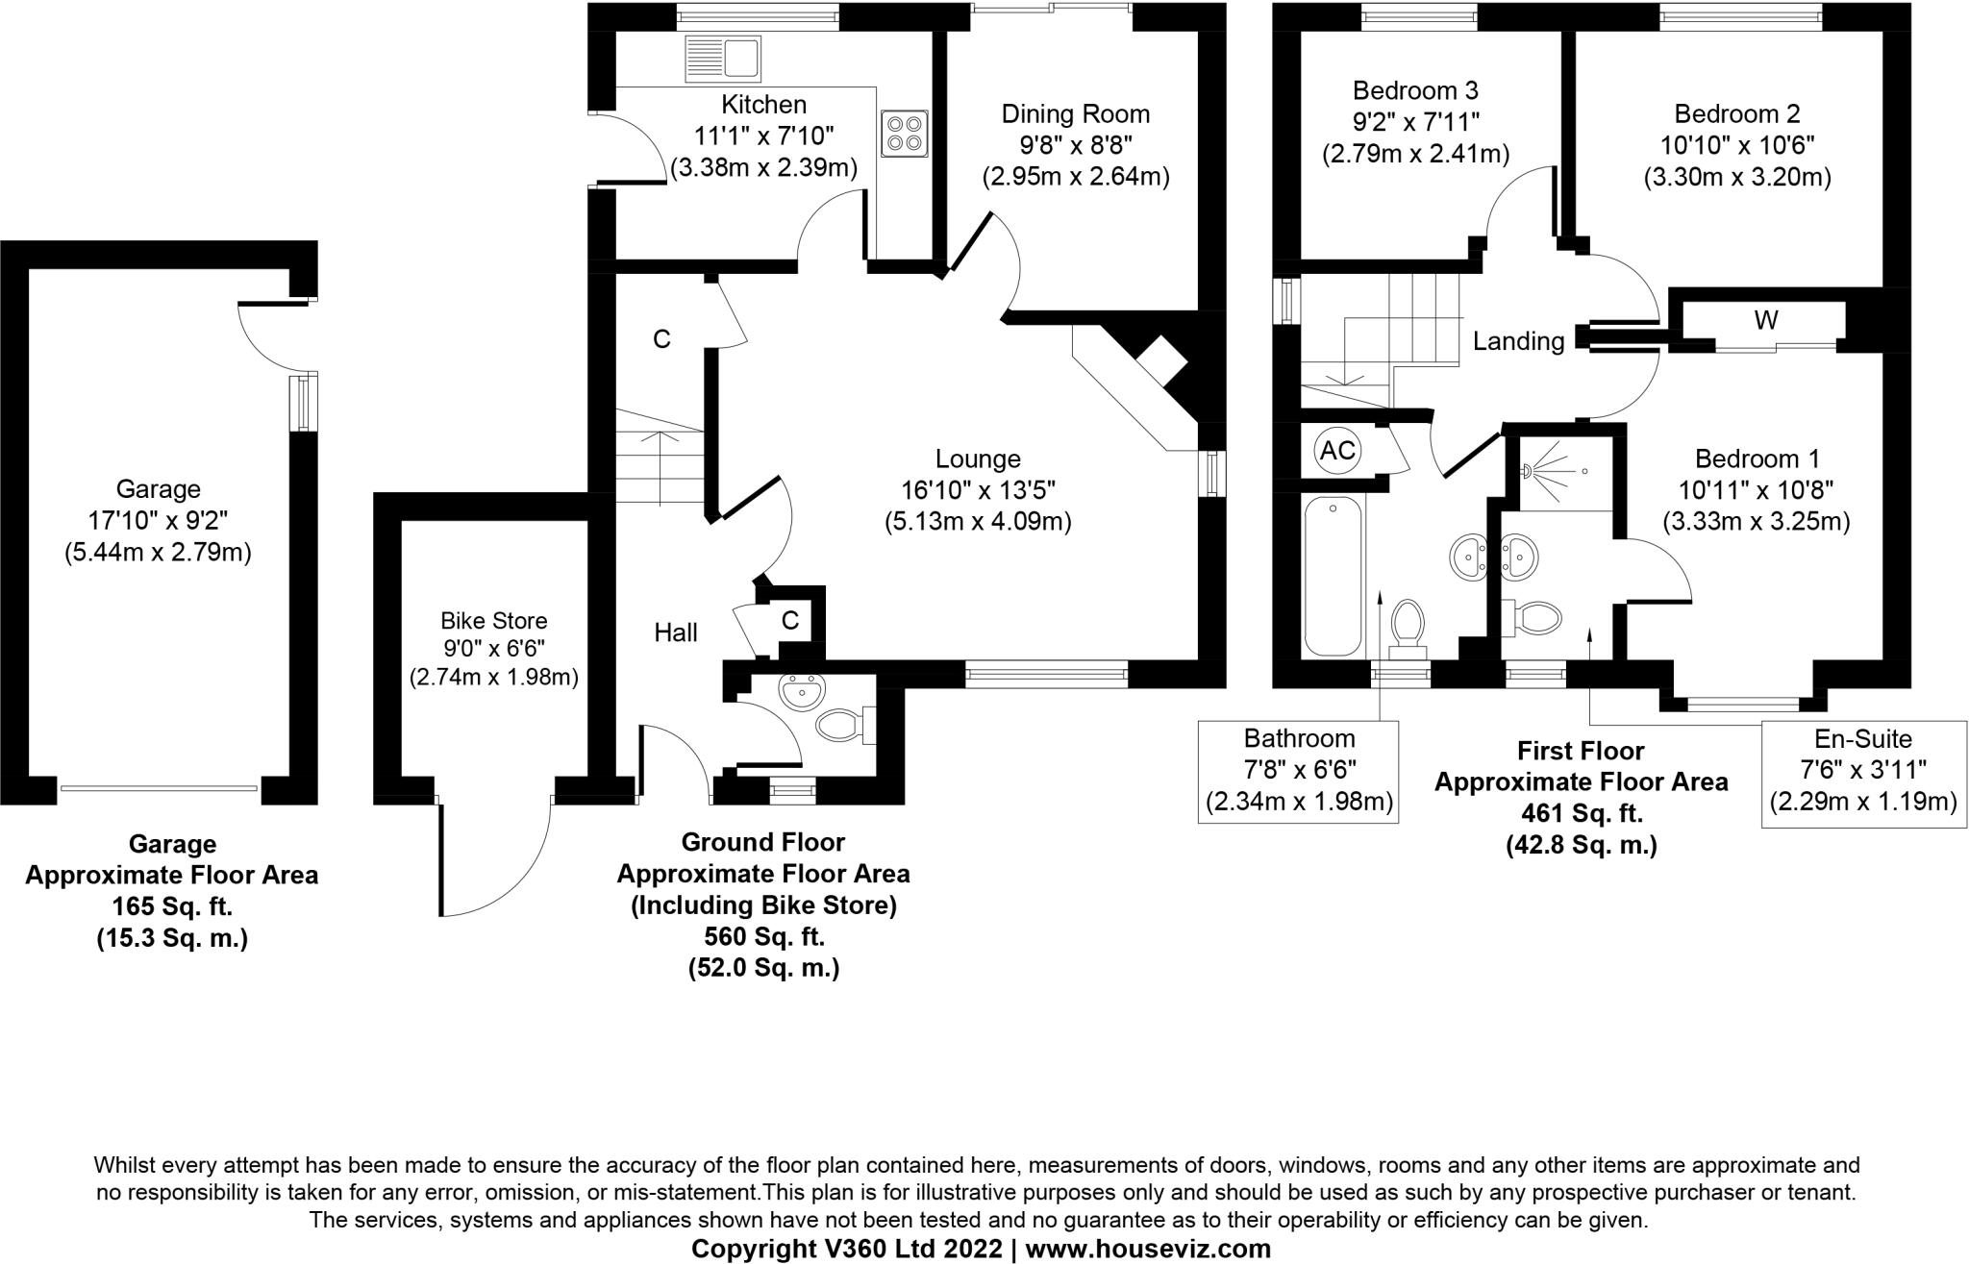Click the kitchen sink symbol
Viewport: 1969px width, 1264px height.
coord(722,58)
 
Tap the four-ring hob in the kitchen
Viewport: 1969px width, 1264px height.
coord(904,134)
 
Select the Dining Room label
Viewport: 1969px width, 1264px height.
coord(1075,114)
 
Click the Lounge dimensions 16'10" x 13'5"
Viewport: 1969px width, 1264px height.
coord(978,490)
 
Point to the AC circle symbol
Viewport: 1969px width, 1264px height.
coord(1336,450)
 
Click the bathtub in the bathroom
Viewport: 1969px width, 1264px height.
coord(1333,577)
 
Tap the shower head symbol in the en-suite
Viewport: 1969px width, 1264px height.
coord(1528,472)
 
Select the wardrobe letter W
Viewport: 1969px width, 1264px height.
coord(1765,321)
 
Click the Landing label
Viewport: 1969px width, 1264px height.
coord(1518,341)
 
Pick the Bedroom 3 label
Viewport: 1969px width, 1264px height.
coord(1415,91)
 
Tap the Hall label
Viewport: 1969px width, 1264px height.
coord(676,632)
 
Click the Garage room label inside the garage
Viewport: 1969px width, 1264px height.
coord(158,489)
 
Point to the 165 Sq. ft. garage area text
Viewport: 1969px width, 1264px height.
coord(172,906)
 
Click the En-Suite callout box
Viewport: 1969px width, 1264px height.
coord(1862,773)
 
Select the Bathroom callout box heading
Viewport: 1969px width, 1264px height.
coord(1299,738)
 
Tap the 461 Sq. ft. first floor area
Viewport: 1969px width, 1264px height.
coord(1582,813)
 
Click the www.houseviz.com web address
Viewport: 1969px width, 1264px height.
coord(1148,1249)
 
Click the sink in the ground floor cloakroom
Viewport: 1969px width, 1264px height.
coord(802,691)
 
